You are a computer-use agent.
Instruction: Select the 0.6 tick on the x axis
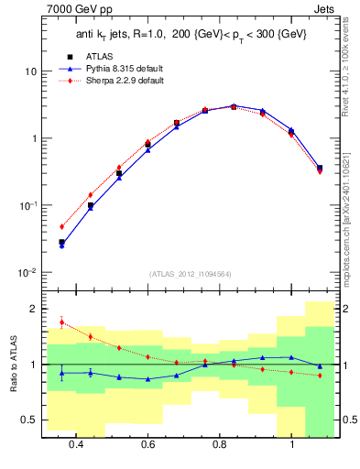tap(147, 444)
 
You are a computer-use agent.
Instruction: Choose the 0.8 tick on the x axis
tap(220, 444)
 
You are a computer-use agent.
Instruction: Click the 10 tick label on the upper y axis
tap(29, 71)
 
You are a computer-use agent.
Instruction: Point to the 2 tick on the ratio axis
tap(32, 309)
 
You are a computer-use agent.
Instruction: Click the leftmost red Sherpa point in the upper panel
tap(61, 226)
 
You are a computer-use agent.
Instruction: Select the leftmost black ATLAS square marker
tap(61, 243)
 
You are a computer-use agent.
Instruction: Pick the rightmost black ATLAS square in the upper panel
tap(319, 168)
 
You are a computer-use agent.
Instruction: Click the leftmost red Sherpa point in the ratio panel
tap(61, 322)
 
